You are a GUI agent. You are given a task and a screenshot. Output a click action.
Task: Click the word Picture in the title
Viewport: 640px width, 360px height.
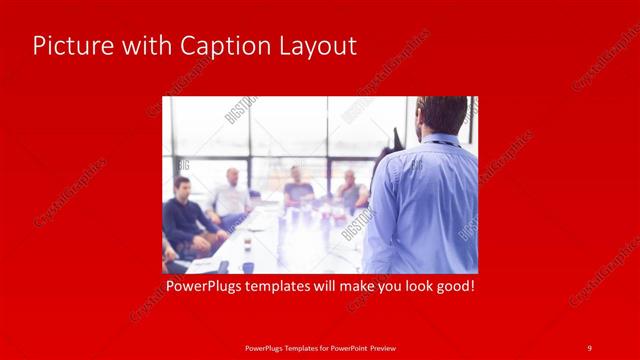[x=67, y=46]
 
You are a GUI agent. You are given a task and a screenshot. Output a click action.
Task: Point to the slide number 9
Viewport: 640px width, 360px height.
[x=589, y=347]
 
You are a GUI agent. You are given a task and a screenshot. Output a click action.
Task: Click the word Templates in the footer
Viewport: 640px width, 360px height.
[x=289, y=347]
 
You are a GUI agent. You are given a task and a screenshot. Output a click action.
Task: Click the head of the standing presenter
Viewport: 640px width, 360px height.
[x=441, y=114]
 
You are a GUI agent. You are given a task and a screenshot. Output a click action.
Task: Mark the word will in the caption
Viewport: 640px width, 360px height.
[x=345, y=287]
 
